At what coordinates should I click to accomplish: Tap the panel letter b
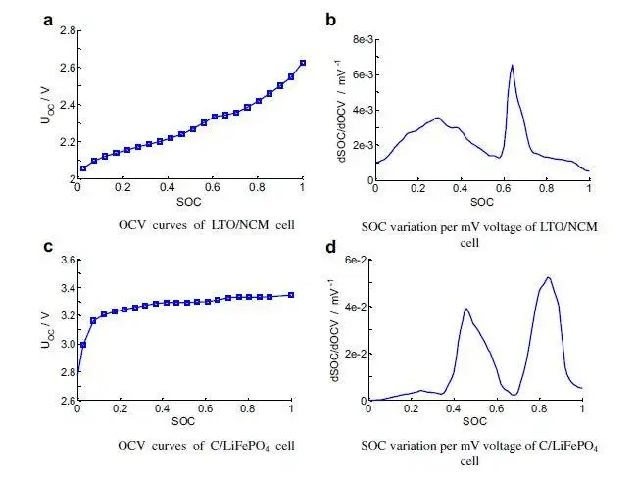tap(331, 19)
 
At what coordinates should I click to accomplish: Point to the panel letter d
tap(331, 246)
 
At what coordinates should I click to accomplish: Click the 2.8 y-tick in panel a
tap(66, 31)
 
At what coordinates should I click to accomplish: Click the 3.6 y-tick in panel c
tap(66, 260)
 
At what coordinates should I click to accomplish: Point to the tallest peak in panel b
tap(512, 66)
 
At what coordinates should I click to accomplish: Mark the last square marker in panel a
tap(303, 63)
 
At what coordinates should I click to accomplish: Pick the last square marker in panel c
tap(291, 294)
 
